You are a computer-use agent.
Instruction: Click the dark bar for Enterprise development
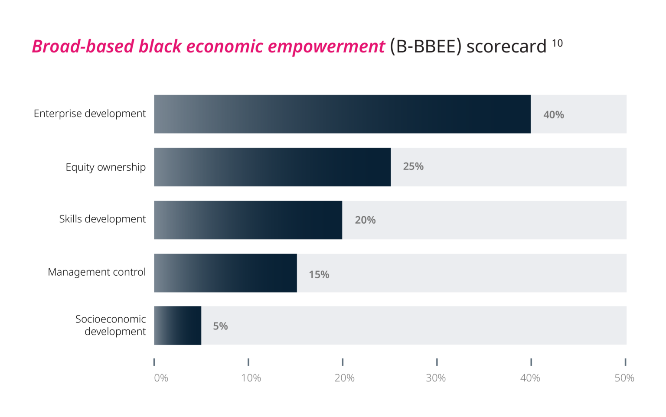pos(342,114)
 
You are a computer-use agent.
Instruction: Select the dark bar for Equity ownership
pos(272,167)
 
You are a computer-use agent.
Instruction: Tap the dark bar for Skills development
pos(248,220)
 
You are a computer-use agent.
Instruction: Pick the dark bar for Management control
pos(225,273)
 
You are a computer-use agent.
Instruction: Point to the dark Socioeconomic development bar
pos(178,326)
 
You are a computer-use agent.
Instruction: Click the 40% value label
pos(554,115)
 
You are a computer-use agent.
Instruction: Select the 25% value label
pos(413,166)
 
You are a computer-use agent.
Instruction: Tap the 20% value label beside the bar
pos(365,220)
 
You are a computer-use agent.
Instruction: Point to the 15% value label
pos(319,275)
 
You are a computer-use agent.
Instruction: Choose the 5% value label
pos(220,326)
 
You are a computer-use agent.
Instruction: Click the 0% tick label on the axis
pos(161,378)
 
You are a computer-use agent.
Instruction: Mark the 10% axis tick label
pos(251,378)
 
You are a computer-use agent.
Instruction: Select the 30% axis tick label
pos(436,378)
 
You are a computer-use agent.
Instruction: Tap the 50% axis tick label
pos(624,378)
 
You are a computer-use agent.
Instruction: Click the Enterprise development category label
pos(90,114)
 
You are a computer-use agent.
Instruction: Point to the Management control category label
pos(97,272)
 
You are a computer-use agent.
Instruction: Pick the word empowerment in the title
pos(326,47)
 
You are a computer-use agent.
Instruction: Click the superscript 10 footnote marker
pos(557,43)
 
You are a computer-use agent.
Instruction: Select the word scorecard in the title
pos(506,47)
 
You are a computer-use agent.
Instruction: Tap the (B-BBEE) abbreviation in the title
pos(425,47)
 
